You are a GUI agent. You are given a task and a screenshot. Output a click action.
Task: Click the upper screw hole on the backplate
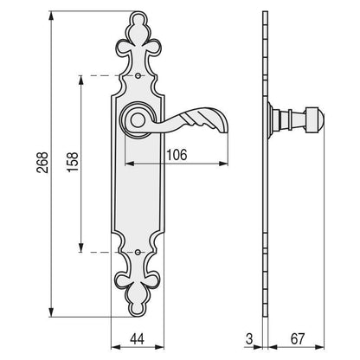click(140, 77)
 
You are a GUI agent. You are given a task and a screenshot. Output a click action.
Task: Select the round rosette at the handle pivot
click(138, 119)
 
